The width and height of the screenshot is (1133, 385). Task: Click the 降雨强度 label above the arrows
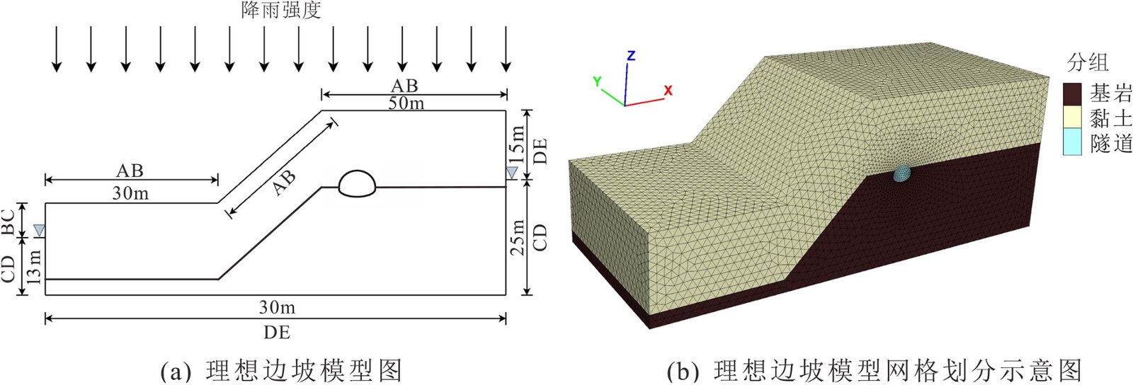coord(281,10)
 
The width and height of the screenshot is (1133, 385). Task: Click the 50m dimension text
coord(406,103)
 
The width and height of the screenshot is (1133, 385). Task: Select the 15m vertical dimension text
coord(518,143)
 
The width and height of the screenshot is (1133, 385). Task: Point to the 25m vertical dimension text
coord(518,236)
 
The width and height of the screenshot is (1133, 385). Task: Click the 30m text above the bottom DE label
coord(277,307)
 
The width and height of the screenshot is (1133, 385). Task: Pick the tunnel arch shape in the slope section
coord(357,183)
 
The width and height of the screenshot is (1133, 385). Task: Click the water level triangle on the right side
coord(511,172)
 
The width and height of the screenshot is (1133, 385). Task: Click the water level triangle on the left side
coord(39,230)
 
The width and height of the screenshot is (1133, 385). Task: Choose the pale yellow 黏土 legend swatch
coord(1072,117)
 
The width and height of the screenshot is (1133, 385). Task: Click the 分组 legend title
coord(1087,62)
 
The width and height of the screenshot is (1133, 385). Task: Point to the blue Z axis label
coord(631,55)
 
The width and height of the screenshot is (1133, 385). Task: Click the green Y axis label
coord(597,81)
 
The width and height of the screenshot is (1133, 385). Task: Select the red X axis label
coord(668,91)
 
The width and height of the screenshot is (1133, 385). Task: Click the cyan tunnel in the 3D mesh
coord(903,173)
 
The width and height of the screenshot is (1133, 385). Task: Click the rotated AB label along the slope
coord(284,182)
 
